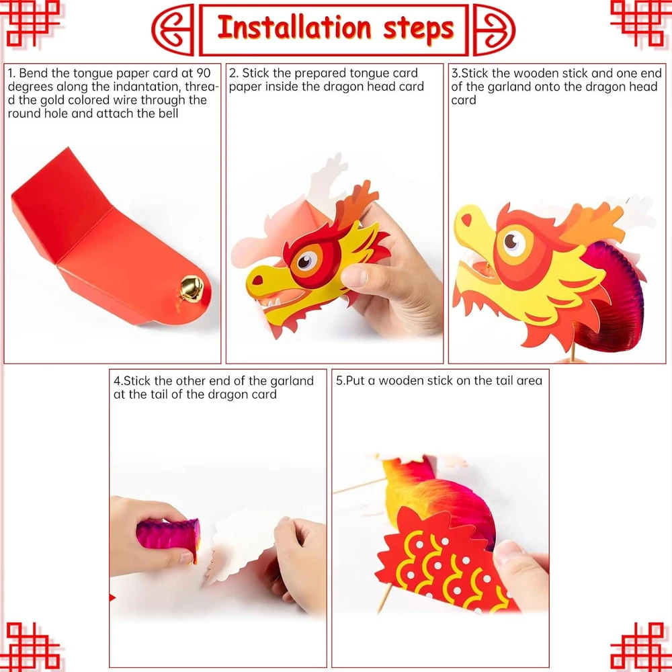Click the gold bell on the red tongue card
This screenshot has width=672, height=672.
(191, 288)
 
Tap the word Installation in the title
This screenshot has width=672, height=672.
(294, 28)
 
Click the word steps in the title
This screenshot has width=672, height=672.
(418, 29)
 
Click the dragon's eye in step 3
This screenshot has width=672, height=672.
(513, 241)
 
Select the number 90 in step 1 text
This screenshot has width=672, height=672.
(203, 73)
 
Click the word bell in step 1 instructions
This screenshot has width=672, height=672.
(168, 114)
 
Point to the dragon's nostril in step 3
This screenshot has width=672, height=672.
(466, 220)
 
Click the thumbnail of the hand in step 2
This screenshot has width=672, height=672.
(354, 276)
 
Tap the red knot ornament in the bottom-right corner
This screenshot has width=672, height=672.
(640, 647)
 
